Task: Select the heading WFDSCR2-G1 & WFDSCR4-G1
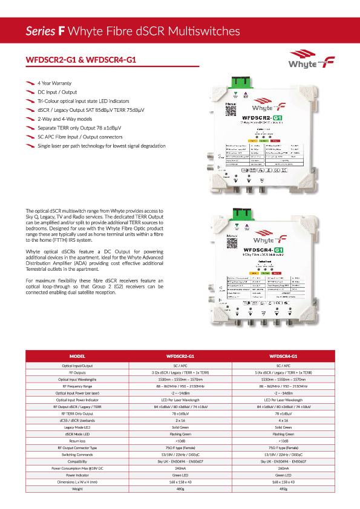[x=80, y=60]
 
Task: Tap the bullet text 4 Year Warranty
[x=54, y=82]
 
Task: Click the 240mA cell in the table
[x=180, y=468]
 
